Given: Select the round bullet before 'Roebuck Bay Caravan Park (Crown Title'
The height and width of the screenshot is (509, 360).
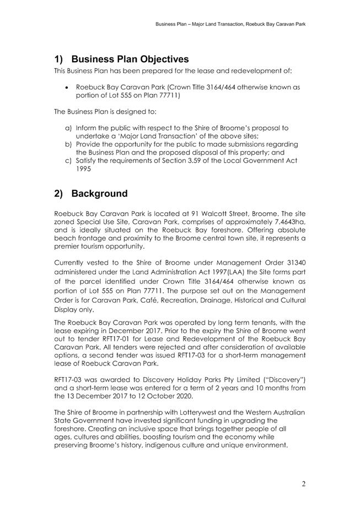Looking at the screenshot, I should [x=67, y=87].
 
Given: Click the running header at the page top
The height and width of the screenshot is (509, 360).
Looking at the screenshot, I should [x=230, y=24].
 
